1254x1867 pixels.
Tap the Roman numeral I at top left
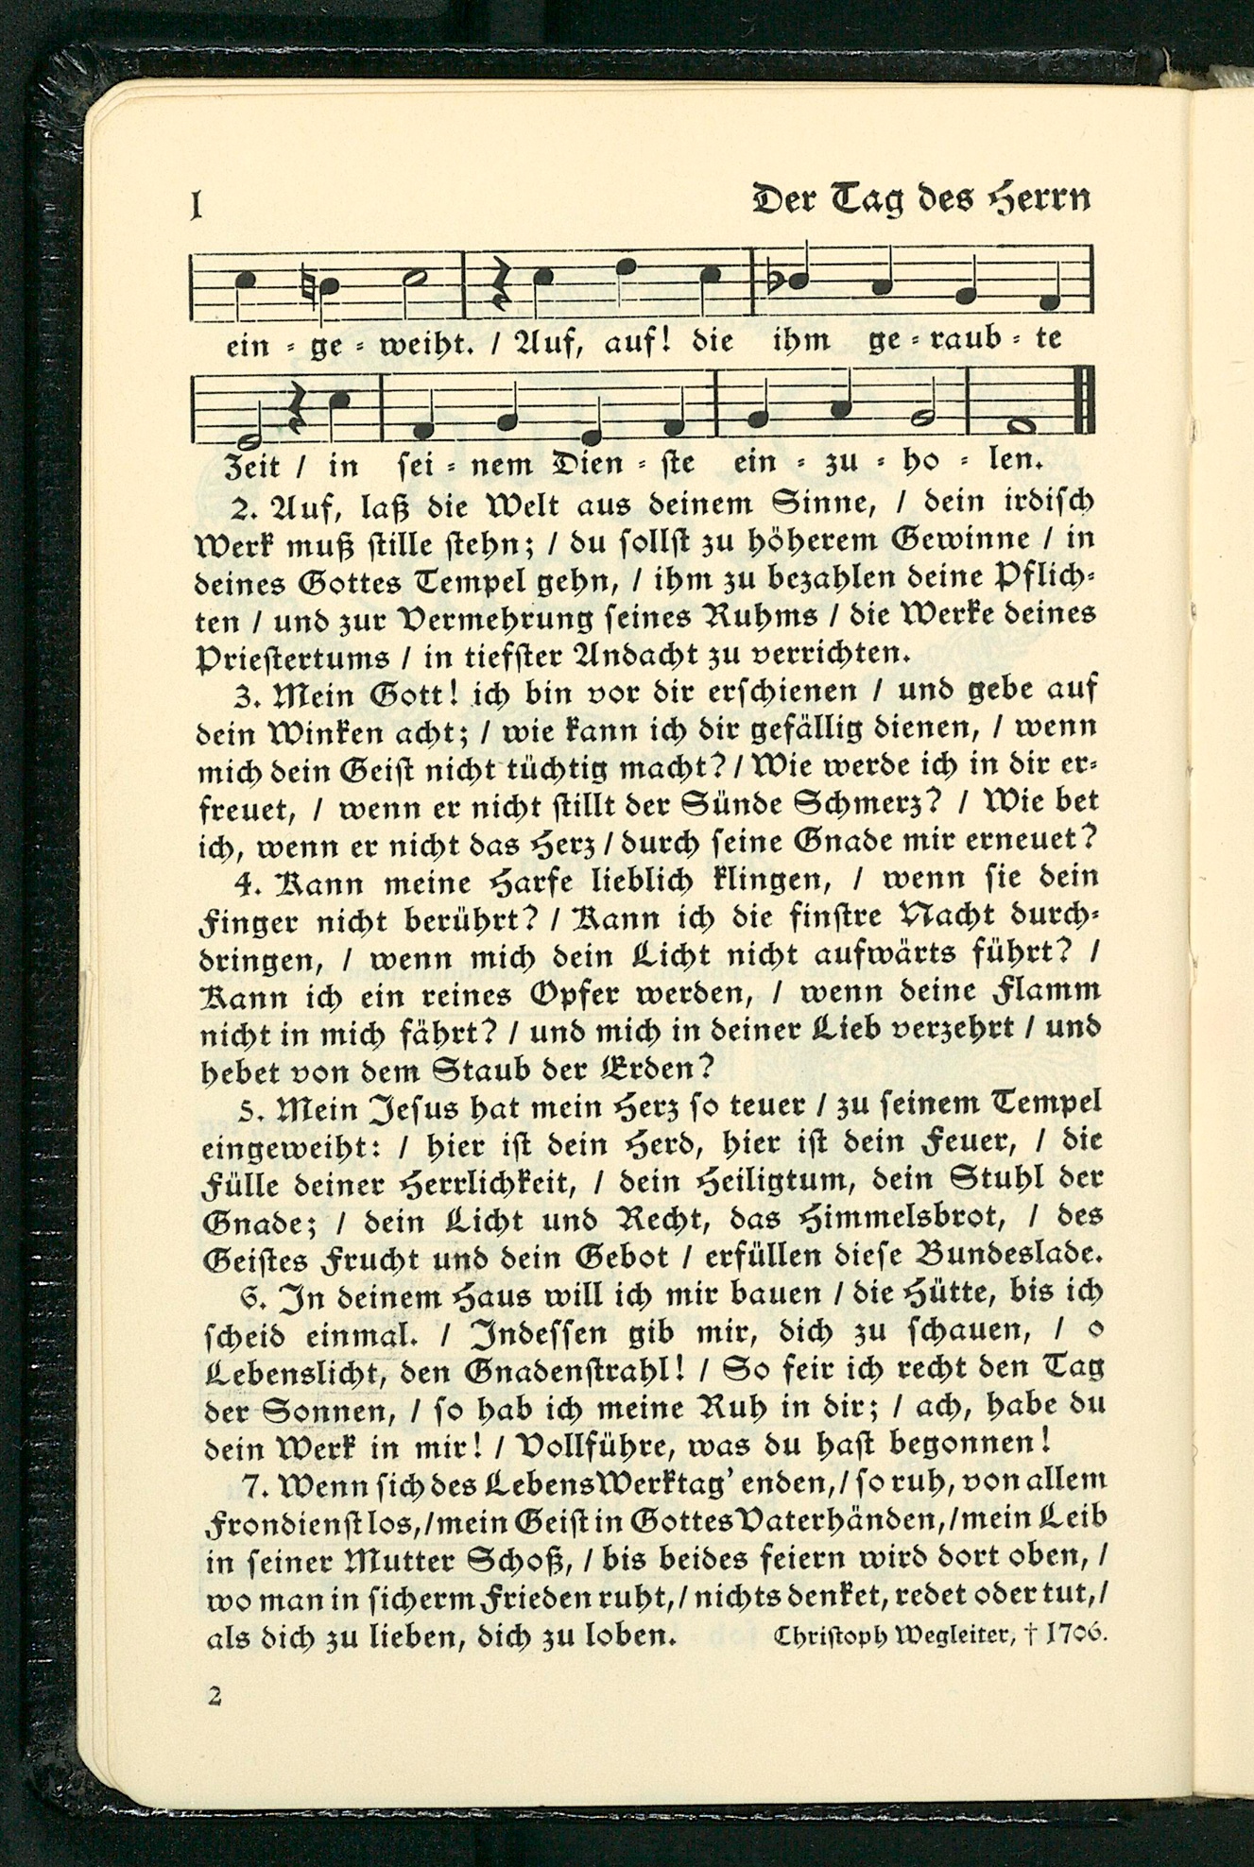click(197, 204)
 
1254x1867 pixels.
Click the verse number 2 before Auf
click(245, 509)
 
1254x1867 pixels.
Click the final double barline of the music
click(1085, 403)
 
